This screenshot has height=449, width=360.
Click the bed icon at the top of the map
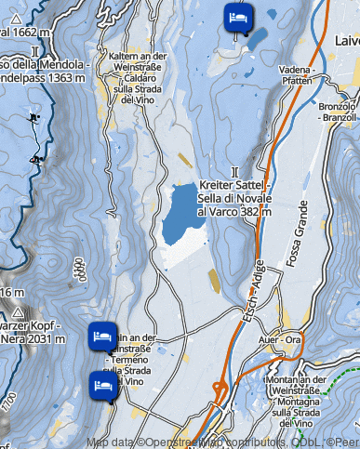point(238,16)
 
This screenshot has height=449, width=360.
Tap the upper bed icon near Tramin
point(102,337)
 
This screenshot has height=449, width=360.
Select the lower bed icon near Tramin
point(102,384)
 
